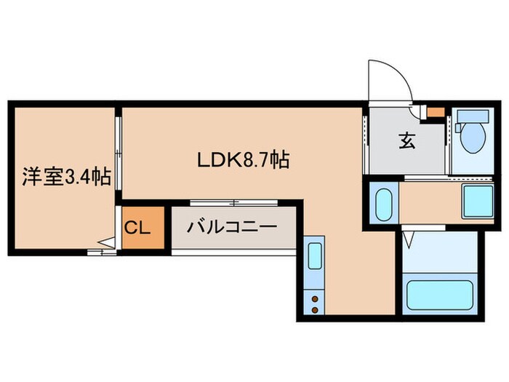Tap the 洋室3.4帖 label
pos(66,176)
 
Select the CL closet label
pos(137,227)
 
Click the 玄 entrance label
pos(406,142)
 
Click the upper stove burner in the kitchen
pos(314,297)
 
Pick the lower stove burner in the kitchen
pos(314,310)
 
